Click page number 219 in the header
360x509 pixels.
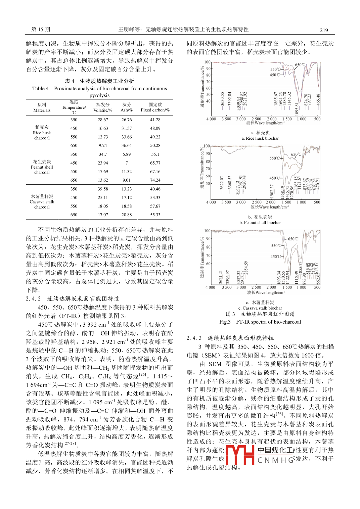[323, 30]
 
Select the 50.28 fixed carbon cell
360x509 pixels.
[155, 145]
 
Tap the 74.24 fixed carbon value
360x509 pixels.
[155, 180]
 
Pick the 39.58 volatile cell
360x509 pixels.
[103, 189]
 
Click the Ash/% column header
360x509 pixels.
[127, 107]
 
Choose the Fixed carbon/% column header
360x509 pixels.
[155, 107]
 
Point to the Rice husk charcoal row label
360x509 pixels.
[42, 133]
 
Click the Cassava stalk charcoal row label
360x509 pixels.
[42, 202]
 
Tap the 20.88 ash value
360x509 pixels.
[127, 215]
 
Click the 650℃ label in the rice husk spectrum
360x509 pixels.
[300, 65]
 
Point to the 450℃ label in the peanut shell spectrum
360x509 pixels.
[275, 178]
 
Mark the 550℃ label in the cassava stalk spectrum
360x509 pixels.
[276, 246]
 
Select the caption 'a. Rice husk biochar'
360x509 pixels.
[260, 138]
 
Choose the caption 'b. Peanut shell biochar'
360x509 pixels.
[260, 223]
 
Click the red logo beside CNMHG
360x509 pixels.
[240, 455]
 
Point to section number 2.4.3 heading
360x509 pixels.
[194, 338]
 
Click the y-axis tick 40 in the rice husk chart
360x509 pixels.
[208, 101]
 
